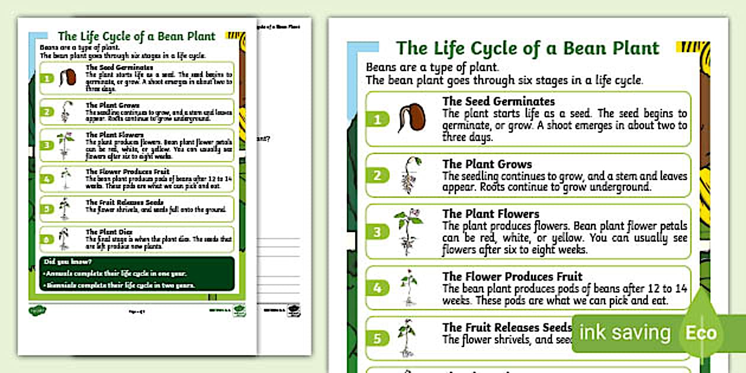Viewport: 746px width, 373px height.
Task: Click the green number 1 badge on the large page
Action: [379, 120]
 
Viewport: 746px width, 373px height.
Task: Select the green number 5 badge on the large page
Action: [379, 339]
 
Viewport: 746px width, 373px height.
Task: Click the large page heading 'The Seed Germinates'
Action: [499, 101]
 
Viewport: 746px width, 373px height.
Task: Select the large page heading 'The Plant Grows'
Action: [487, 164]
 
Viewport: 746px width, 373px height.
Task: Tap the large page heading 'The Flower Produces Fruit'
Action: [512, 276]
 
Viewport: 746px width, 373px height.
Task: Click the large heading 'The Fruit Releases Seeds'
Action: [507, 327]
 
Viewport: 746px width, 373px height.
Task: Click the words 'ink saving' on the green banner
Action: [625, 333]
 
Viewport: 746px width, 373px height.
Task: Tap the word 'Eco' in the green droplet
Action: [701, 333]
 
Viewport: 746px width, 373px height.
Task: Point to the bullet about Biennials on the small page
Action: [119, 285]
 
